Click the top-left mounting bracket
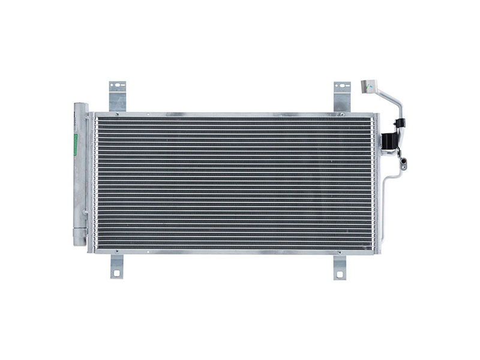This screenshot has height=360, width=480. point(117,96)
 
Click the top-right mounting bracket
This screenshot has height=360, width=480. point(342,96)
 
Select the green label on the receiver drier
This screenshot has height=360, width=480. point(75,144)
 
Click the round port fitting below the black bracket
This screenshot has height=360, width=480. point(404,160)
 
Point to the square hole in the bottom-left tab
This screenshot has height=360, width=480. point(116,274)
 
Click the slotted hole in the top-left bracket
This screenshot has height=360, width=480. point(117,86)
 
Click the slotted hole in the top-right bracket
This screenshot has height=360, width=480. point(342,86)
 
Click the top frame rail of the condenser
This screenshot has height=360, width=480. point(234,114)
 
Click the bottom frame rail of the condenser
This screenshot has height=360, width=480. point(234,251)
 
